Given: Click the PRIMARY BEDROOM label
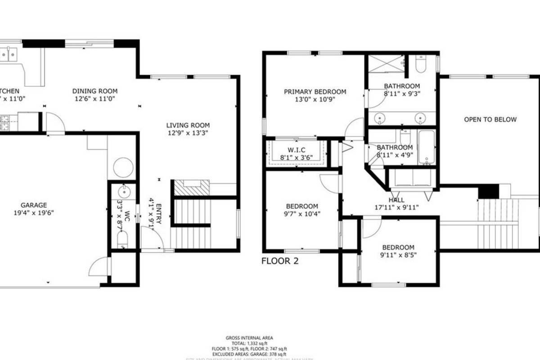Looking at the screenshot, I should pyautogui.click(x=315, y=92).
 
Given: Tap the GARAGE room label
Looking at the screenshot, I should pyautogui.click(x=33, y=205).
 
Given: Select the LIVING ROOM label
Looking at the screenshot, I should pyautogui.click(x=188, y=125).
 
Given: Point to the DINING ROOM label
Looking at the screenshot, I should pyautogui.click(x=94, y=91).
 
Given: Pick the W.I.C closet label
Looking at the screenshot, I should pyautogui.click(x=297, y=149).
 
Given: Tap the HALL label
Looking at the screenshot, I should pyautogui.click(x=396, y=200).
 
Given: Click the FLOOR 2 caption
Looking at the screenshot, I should pyautogui.click(x=280, y=261).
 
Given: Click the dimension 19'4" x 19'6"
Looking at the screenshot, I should pyautogui.click(x=33, y=213).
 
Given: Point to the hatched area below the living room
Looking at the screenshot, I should pyautogui.click(x=192, y=187).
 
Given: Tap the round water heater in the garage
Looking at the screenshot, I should pyautogui.click(x=123, y=168).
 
